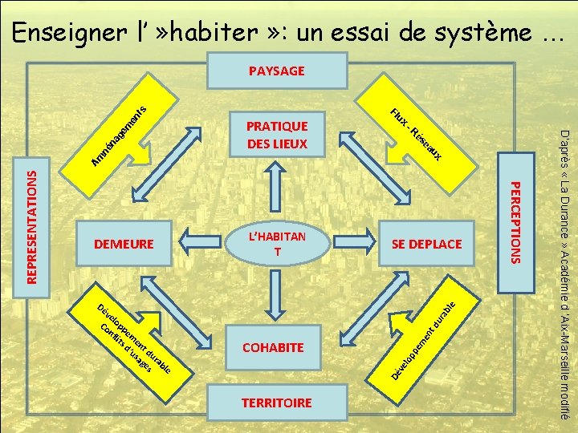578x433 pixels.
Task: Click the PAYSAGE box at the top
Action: pyautogui.click(x=277, y=71)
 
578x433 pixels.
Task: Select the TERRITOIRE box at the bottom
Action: pyautogui.click(x=277, y=403)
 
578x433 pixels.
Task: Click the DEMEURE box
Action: pyautogui.click(x=124, y=243)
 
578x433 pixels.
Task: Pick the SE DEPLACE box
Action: pyautogui.click(x=426, y=243)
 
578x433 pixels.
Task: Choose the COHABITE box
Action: pyautogui.click(x=274, y=348)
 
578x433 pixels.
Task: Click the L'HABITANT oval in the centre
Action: pyautogui.click(x=277, y=244)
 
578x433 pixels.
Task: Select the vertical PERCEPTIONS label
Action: pyautogui.click(x=517, y=218)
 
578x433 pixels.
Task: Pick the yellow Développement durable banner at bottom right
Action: pyautogui.click(x=425, y=337)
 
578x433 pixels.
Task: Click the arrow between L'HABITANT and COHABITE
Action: pyautogui.click(x=277, y=297)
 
